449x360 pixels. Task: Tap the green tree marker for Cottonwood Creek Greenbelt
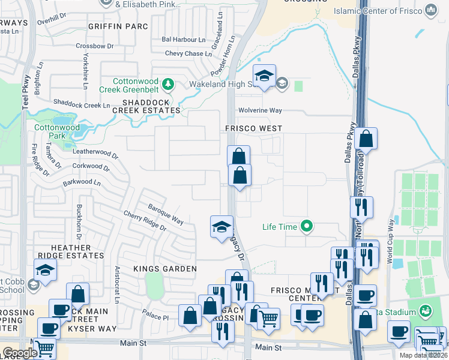tap(169, 83)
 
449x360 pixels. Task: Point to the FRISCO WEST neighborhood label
tap(253, 128)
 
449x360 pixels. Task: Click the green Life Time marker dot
tap(307, 227)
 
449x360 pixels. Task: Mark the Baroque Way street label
tap(166, 213)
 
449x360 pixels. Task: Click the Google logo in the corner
tap(19, 353)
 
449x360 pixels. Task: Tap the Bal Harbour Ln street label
tap(183, 40)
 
